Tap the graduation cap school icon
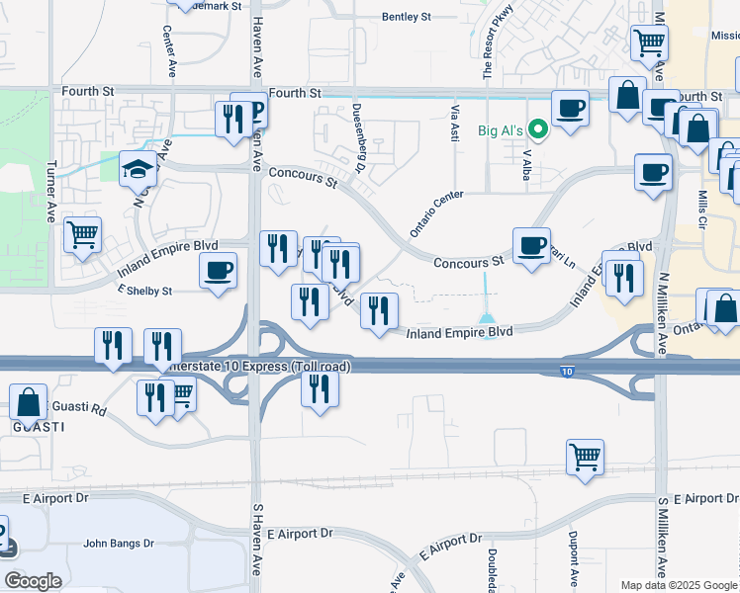139,169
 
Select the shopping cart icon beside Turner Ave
82,235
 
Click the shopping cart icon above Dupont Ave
585,458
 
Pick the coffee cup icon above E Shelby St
218,270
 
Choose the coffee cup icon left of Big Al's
570,108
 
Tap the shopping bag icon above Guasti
29,402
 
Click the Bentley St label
407,18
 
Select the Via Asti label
455,124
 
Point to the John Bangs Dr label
119,543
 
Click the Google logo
33,581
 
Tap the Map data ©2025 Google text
679,585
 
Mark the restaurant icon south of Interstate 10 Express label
319,388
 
